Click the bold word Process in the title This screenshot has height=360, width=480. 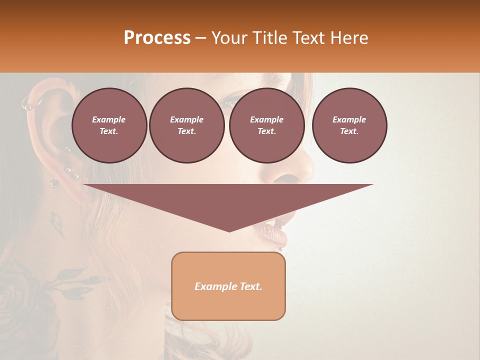157,38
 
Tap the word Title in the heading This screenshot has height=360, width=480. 268,38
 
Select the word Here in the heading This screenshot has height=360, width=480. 349,38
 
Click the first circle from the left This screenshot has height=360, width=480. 109,125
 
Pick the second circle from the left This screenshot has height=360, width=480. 187,125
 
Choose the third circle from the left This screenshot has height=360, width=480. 267,125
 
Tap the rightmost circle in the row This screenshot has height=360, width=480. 349,125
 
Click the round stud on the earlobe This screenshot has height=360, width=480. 54,183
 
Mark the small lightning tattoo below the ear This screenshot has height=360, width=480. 57,223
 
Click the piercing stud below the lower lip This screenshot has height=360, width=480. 280,248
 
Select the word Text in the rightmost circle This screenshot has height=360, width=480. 349,131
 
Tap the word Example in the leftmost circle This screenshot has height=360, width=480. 109,119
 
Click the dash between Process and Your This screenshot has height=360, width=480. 200,38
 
